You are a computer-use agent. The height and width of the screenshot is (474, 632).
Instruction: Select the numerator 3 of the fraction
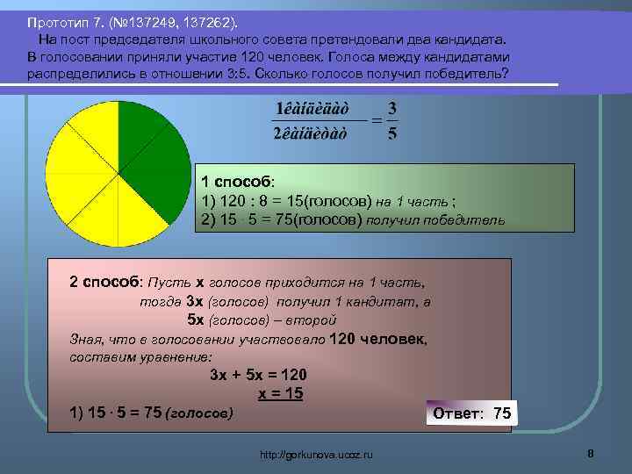click(x=392, y=107)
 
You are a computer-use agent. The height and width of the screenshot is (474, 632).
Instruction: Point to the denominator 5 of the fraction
click(x=392, y=133)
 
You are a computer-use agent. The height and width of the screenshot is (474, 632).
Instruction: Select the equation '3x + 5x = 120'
click(x=258, y=374)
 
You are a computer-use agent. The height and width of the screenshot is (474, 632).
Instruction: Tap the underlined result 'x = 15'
click(x=280, y=393)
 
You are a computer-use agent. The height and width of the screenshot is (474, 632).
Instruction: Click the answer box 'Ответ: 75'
click(x=472, y=413)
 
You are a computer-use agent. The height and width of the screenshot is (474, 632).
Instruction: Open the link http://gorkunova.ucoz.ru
click(x=317, y=454)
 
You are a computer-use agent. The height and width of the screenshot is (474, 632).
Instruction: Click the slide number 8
click(x=591, y=453)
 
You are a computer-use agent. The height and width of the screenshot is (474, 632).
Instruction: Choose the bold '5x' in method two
click(x=197, y=320)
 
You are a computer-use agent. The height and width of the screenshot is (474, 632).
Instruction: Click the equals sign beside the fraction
click(x=375, y=120)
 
